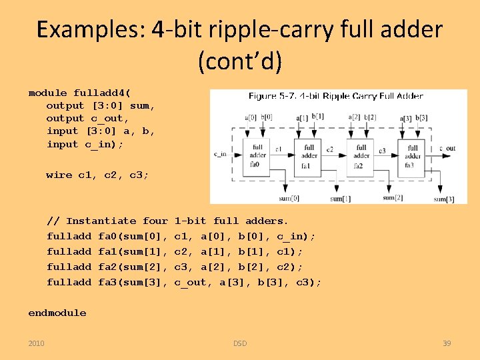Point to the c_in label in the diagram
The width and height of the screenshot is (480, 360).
220,154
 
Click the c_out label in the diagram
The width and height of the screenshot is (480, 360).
447,148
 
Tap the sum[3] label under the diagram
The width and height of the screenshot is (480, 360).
443,199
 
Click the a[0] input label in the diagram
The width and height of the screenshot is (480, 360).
251,118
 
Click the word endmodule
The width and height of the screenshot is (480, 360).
57,313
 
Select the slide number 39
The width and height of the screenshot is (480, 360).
447,343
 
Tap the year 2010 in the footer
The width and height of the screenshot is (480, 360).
37,343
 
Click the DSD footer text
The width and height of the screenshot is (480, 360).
240,343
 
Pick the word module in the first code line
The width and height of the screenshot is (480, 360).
48,93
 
